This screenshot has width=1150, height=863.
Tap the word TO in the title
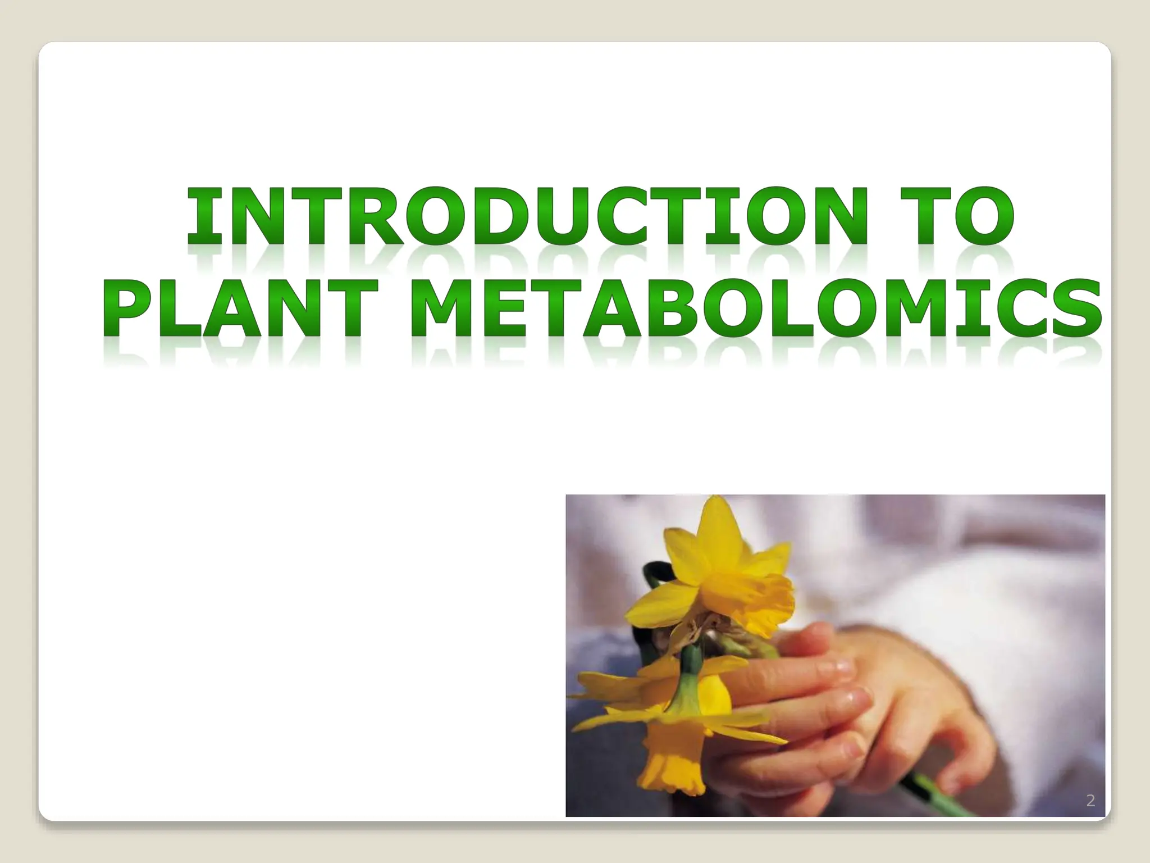(x=946, y=216)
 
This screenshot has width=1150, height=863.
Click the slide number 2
(x=1090, y=801)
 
